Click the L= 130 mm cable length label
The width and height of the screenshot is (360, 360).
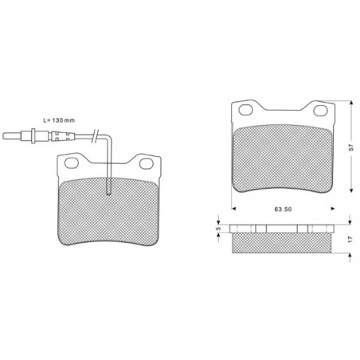click(59, 120)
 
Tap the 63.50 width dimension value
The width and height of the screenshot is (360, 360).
click(283, 209)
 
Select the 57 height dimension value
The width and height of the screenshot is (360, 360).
click(351, 147)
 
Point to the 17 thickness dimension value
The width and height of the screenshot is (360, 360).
click(350, 239)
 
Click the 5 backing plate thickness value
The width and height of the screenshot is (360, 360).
click(218, 229)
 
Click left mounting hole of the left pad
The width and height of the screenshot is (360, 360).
click(72, 162)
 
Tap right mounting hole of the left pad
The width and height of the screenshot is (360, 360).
click(147, 163)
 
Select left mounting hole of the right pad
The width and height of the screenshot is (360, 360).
click(245, 110)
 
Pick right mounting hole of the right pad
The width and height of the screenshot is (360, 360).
click(320, 111)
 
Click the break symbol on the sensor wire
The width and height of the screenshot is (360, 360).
click(96, 136)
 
